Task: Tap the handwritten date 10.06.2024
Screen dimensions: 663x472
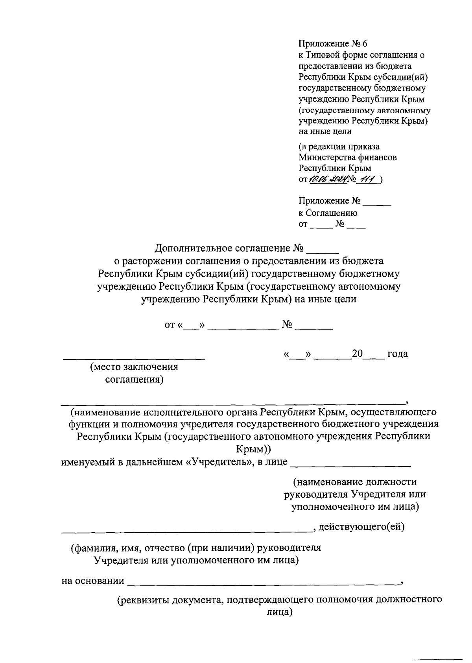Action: [328, 180]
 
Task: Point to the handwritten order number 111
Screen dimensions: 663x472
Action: [368, 180]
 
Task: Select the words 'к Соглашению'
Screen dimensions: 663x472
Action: [328, 213]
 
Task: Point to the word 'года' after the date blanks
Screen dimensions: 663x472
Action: [397, 354]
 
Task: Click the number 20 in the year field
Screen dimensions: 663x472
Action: [357, 354]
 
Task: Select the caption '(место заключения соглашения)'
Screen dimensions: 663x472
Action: [134, 373]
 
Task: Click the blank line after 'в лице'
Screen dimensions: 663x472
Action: [350, 466]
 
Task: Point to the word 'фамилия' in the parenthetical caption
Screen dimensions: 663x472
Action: [93, 548]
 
